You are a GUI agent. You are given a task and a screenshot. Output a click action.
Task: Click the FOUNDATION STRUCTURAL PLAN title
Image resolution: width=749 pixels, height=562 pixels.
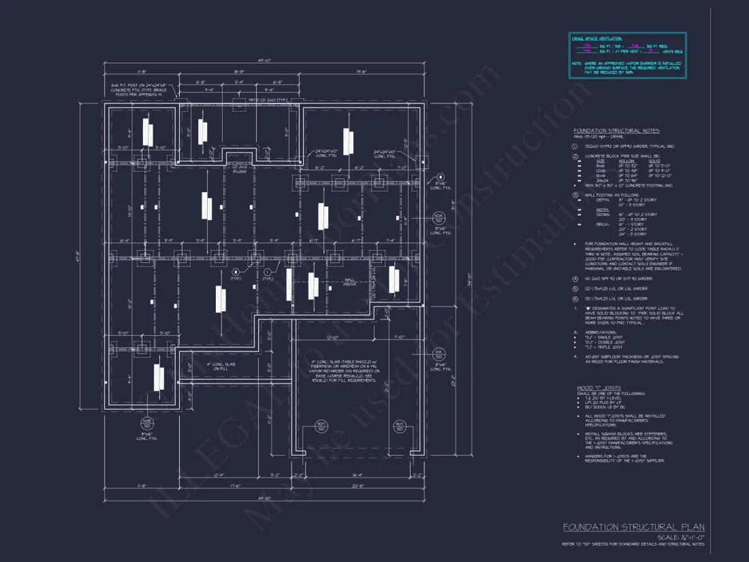(x=633, y=527)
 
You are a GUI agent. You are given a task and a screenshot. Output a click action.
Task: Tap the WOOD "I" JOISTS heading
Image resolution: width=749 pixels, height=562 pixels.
(x=599, y=388)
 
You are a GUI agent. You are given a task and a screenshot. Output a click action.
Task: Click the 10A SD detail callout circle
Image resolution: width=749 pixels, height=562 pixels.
(x=439, y=217)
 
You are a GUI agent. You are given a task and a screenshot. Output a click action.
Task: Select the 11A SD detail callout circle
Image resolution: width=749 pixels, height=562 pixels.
(x=439, y=354)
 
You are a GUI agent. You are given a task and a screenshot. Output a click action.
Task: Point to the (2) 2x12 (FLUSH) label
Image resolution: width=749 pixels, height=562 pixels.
(x=239, y=168)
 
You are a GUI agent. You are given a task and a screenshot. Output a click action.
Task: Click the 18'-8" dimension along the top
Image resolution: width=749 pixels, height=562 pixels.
(x=239, y=71)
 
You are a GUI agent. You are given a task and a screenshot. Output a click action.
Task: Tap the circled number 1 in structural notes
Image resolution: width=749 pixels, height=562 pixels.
(x=575, y=146)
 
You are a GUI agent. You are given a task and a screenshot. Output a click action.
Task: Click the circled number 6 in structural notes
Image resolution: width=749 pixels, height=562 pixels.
(x=575, y=298)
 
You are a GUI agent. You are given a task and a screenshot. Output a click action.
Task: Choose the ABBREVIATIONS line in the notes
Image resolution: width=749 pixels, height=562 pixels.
(x=599, y=332)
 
